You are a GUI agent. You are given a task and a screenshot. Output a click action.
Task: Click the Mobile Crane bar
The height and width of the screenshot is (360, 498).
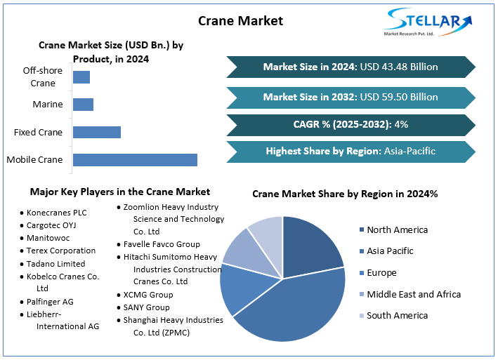135,159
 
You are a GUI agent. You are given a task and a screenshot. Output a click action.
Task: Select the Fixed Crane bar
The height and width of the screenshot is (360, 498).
97,132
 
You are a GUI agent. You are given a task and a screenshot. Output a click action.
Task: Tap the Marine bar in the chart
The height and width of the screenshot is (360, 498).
83,105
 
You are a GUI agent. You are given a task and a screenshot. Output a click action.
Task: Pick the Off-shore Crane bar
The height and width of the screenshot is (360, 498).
81,77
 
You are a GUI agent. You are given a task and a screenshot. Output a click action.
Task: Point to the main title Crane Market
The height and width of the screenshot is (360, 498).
240,20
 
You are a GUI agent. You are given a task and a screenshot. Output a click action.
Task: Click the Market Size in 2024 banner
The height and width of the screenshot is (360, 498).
350,67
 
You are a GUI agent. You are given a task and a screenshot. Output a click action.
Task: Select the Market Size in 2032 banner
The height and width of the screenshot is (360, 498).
350,97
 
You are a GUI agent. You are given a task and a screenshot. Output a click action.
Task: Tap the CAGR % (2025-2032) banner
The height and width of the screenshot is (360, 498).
350,124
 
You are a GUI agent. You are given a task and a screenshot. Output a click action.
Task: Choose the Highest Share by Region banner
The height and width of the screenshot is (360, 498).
350,151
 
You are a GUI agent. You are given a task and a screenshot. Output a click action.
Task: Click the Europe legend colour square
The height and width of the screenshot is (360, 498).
361,273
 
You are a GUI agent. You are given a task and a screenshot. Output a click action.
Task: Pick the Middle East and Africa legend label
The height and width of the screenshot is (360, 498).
414,294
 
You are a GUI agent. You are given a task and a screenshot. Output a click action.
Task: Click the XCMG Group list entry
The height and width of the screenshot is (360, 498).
148,295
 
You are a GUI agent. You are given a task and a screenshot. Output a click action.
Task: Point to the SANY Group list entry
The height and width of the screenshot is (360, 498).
146,307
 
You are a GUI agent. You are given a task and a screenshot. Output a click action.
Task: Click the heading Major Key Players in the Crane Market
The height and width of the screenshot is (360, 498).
119,192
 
